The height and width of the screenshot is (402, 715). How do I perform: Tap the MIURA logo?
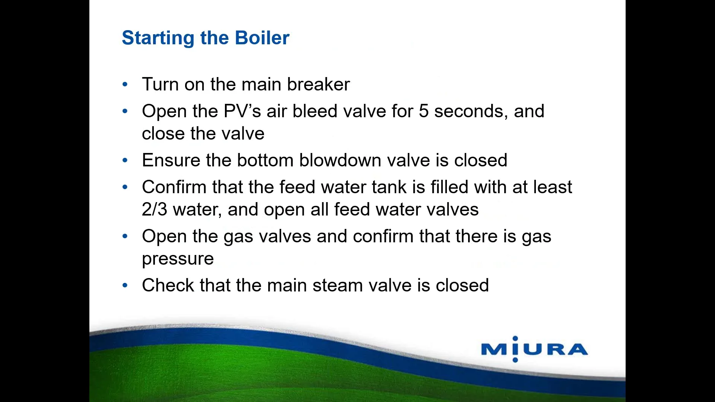[534, 349]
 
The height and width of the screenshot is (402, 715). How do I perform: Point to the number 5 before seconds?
[424, 111]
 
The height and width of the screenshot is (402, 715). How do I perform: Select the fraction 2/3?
[155, 210]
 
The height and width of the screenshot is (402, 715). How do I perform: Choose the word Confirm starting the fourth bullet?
[174, 187]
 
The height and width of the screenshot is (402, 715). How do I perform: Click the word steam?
[337, 285]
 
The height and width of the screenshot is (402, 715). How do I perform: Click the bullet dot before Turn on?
[125, 84]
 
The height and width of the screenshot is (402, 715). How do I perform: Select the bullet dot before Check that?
[125, 285]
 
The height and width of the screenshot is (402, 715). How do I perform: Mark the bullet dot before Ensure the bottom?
[125, 160]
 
